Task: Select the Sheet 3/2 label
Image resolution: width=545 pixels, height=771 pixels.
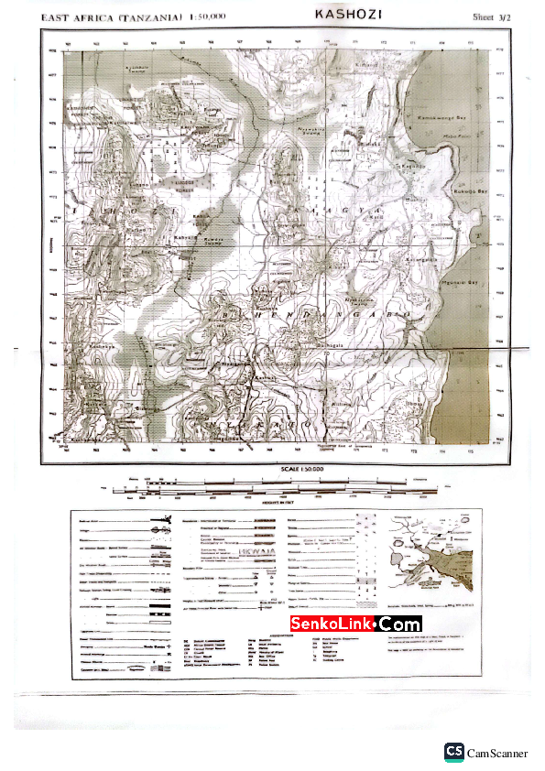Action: (x=491, y=16)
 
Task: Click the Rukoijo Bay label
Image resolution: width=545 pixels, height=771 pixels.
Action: (x=471, y=191)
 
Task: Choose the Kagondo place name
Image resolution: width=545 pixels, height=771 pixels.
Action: (x=414, y=166)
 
